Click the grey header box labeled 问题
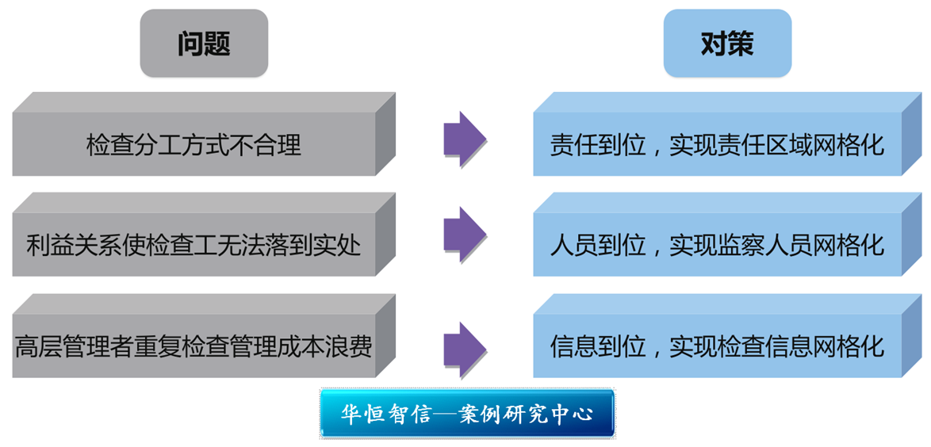click(204, 44)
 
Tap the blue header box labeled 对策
click(727, 44)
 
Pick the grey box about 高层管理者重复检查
click(193, 347)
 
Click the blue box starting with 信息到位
click(717, 347)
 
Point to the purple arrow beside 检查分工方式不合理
click(465, 140)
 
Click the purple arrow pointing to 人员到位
click(465, 236)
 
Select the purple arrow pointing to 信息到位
click(465, 350)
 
